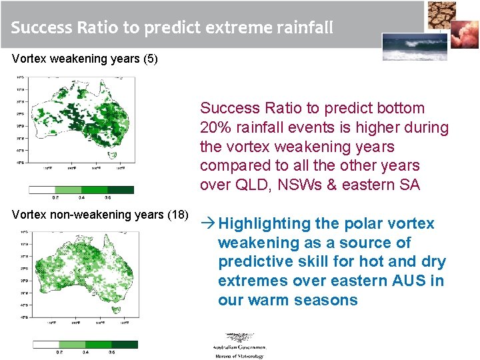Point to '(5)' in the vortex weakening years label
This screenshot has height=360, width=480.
point(150,59)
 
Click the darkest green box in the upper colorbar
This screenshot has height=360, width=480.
point(121,190)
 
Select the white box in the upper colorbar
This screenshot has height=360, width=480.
point(41,190)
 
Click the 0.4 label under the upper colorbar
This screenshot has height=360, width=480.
point(81,198)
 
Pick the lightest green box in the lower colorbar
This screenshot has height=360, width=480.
point(71,345)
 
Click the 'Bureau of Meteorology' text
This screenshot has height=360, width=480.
point(239,356)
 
